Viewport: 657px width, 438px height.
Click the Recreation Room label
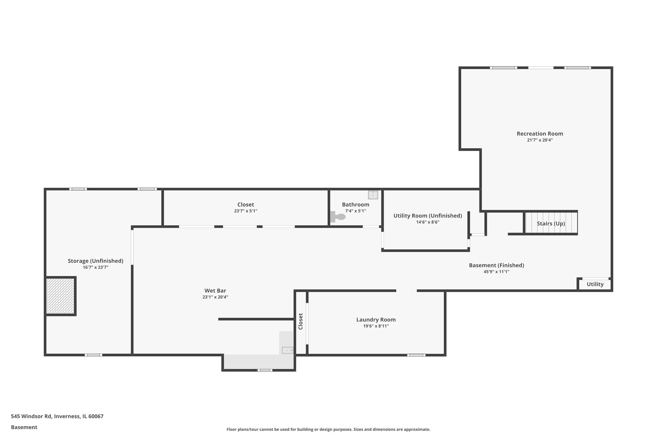click(x=540, y=133)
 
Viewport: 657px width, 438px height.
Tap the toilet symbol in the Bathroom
click(x=338, y=217)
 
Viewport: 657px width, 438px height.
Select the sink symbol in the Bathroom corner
click(x=373, y=195)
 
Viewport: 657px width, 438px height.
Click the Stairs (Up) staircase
click(x=551, y=223)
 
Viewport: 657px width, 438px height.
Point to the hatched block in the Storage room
click(x=60, y=296)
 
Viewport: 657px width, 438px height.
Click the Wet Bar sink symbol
click(x=287, y=350)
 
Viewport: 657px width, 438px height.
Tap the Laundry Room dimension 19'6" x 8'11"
click(x=376, y=326)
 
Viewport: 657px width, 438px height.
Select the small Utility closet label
click(x=595, y=284)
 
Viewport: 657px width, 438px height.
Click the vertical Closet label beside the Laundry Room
click(x=301, y=321)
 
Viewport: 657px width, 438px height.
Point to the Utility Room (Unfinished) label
click(x=427, y=216)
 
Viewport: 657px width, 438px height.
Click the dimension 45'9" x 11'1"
click(x=496, y=272)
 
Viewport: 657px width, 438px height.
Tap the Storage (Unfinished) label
click(x=95, y=261)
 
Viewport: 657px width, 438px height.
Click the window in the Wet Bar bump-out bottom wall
click(x=265, y=370)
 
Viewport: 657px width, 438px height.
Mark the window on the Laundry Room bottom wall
click(x=416, y=355)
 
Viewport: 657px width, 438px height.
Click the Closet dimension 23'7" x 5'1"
click(x=245, y=211)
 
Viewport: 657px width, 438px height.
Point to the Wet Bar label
click(x=215, y=291)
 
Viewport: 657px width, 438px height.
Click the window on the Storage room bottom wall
click(x=93, y=355)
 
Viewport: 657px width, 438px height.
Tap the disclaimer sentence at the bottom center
click(x=328, y=429)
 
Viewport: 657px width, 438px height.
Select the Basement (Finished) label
click(x=496, y=265)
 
